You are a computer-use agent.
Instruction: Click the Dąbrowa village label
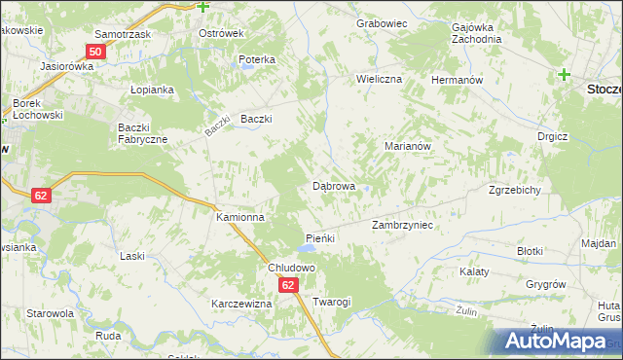pos(333,185)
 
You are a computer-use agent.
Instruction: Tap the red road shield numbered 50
pos(95,52)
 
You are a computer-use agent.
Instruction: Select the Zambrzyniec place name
pos(402,225)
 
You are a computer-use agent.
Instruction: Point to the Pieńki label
pos(320,238)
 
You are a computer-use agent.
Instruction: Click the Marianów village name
pos(408,146)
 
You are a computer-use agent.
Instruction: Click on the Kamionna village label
pos(239,218)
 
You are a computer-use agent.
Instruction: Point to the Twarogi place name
pos(331,302)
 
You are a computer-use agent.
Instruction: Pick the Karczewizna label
pos(241,304)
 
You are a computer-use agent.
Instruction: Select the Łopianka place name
pos(151,90)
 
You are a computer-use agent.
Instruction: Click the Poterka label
pos(257,59)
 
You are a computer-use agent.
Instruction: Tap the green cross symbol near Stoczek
pos(564,74)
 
